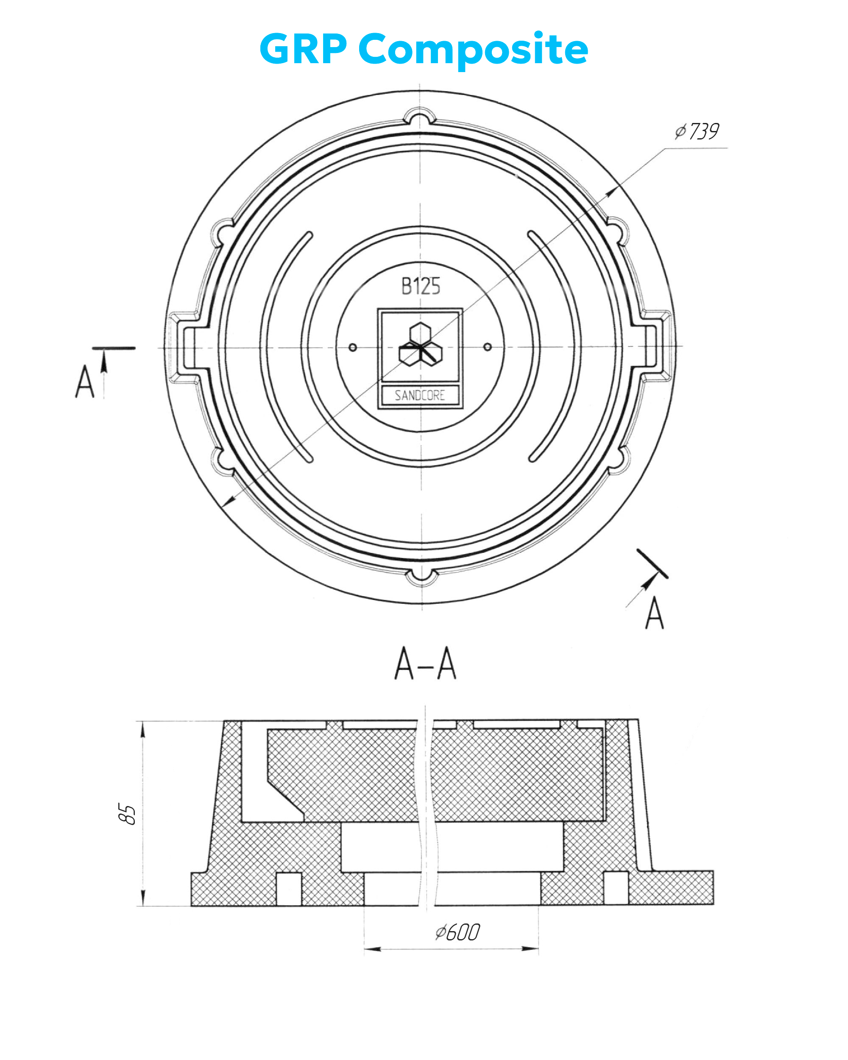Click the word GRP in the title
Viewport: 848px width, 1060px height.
(x=303, y=49)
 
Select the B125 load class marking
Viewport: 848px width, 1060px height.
(x=420, y=286)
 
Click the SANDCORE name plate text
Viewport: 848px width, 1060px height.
(x=420, y=395)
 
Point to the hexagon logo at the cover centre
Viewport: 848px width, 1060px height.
(x=420, y=345)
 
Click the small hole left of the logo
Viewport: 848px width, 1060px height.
(x=352, y=348)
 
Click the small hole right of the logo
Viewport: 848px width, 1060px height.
(x=487, y=347)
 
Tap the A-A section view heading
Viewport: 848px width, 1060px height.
(x=425, y=663)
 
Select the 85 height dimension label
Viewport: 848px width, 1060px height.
(x=127, y=814)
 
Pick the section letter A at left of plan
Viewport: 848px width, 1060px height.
(x=84, y=381)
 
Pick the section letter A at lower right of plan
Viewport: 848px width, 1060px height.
(x=654, y=613)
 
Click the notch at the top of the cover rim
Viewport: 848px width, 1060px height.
(x=419, y=118)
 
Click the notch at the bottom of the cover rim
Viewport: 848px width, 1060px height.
(x=421, y=577)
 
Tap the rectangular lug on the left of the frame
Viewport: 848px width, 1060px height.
(x=184, y=348)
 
